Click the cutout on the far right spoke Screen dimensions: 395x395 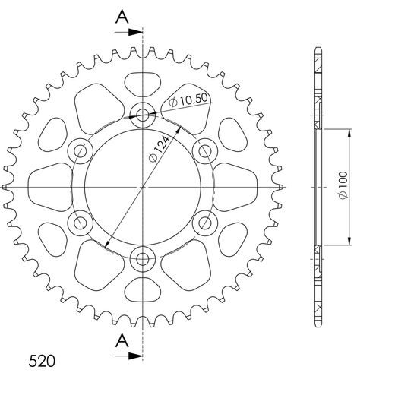[x=234, y=187]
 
